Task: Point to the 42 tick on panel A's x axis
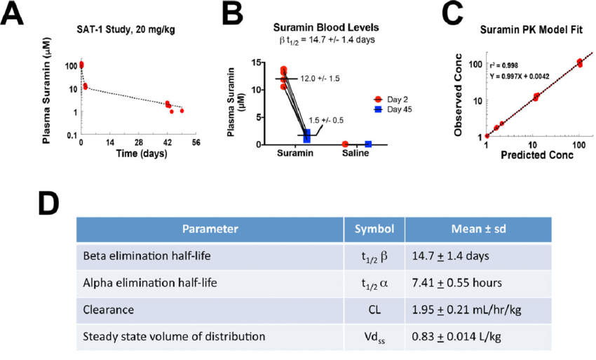pyautogui.click(x=168, y=142)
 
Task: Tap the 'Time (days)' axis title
pyautogui.click(x=142, y=154)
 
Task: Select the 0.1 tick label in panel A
pyautogui.click(x=72, y=135)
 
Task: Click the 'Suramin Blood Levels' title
pyautogui.click(x=326, y=27)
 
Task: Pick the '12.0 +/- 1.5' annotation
pyautogui.click(x=320, y=79)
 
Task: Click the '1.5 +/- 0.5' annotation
pyautogui.click(x=326, y=120)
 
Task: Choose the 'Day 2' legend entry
pyautogui.click(x=391, y=100)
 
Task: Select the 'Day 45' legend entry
pyautogui.click(x=393, y=109)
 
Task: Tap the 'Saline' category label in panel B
pyautogui.click(x=355, y=153)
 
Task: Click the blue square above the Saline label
pyautogui.click(x=368, y=145)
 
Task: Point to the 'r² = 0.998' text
pyautogui.click(x=503, y=65)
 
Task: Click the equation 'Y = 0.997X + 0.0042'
pyautogui.click(x=519, y=76)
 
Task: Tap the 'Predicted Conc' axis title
pyautogui.click(x=537, y=155)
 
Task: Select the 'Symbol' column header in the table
pyautogui.click(x=374, y=229)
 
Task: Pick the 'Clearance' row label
pyautogui.click(x=108, y=309)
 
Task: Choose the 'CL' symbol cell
pyautogui.click(x=374, y=309)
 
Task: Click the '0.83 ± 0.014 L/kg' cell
pyautogui.click(x=456, y=337)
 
